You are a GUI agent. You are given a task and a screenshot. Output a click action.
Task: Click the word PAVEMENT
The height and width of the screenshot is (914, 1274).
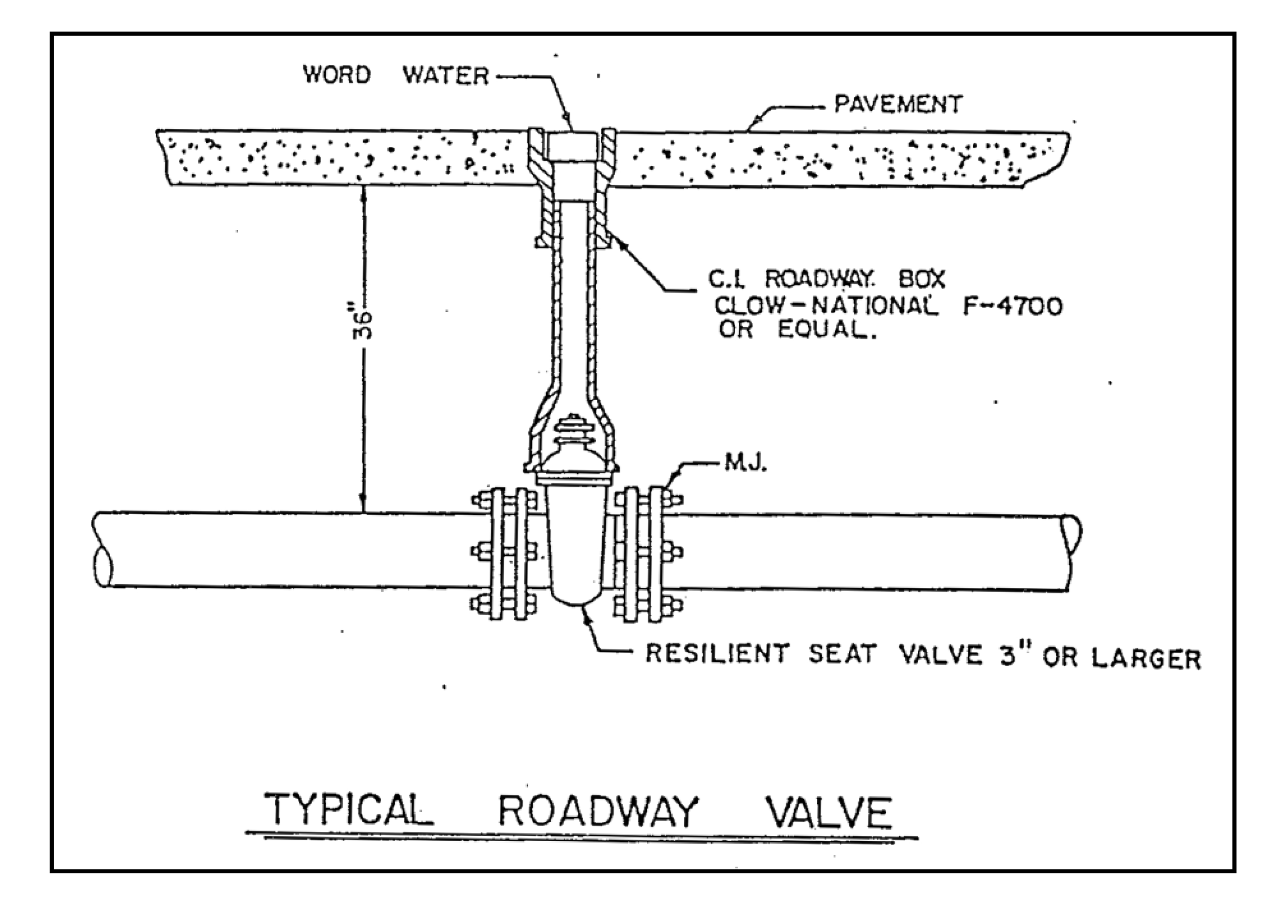coord(898,105)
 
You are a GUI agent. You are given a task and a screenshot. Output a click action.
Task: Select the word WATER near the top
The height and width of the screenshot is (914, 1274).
coord(446,76)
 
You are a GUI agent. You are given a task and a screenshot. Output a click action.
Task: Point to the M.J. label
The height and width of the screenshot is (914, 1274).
coord(745,464)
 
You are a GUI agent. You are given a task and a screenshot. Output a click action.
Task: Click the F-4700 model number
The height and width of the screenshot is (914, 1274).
coord(1012,307)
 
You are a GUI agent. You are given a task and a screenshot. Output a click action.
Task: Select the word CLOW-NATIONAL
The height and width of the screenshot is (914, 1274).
coord(825,307)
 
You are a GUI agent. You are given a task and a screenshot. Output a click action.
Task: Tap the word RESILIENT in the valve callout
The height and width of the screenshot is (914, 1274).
coord(717,653)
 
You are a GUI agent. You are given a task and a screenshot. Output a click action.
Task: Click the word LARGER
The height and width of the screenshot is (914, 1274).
coord(1146,658)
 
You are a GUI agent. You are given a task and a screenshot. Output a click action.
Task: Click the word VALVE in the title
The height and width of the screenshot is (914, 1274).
coord(829,813)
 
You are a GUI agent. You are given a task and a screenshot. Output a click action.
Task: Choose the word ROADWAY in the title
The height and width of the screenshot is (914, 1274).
coord(598,811)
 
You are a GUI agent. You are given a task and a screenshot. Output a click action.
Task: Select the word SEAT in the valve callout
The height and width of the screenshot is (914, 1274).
coord(841,655)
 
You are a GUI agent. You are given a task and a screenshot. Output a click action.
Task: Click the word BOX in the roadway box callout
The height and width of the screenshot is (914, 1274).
coord(922,279)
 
